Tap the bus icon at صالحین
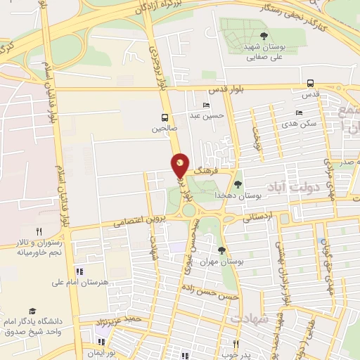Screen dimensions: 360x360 pos(165,117)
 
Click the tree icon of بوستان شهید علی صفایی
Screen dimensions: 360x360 pos(264,35)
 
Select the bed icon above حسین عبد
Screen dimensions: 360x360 pos(206,105)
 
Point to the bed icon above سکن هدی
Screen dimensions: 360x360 pos(300,112)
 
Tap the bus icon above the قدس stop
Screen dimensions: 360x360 pos(310,82)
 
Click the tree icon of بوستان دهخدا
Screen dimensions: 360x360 pos(238,184)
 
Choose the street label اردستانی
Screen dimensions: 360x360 pos(257,218)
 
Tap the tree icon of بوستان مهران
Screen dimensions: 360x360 pos(222,250)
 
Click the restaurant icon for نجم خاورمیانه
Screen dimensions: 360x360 pos(40,231)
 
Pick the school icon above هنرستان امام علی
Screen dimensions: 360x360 pos(77,271)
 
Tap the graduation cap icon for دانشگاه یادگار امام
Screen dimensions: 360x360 pos(32,310)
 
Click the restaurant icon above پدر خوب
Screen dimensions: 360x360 pos(236,344)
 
